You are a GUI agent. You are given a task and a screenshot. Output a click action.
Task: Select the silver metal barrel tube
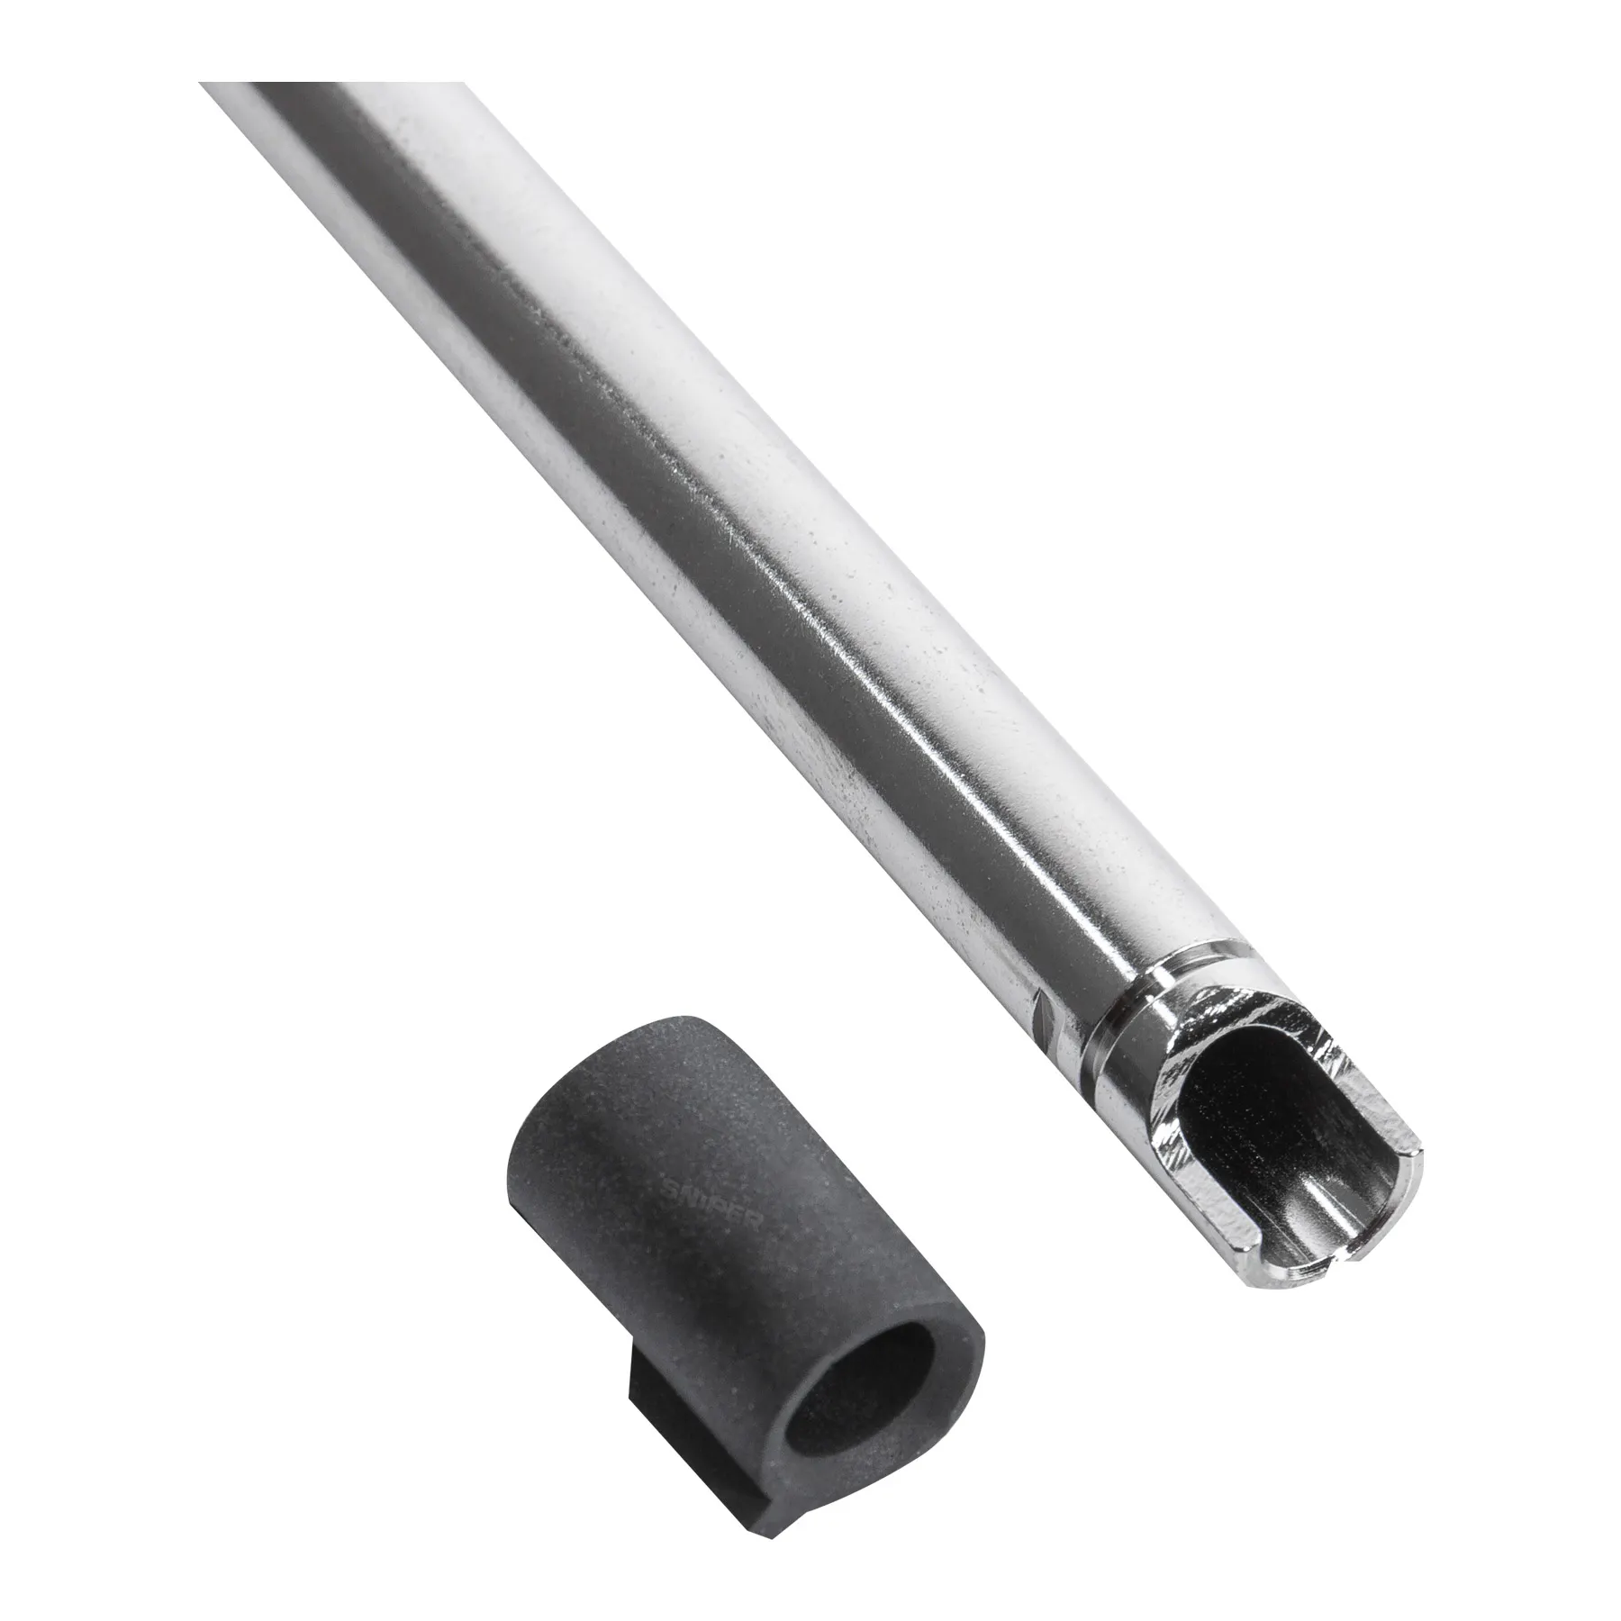coord(720,540)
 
